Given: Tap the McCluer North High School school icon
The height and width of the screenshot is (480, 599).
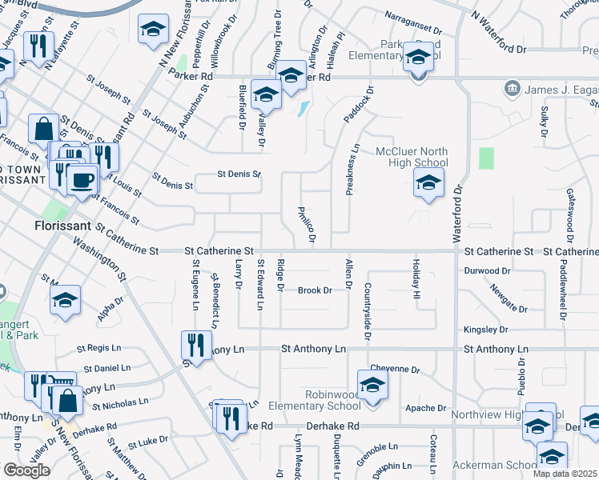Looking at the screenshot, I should [428, 185].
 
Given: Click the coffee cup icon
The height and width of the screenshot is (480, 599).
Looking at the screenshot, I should [82, 180].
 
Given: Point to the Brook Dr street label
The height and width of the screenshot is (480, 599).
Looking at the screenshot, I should [315, 290].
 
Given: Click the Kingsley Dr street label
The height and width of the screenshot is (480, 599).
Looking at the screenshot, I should [485, 330].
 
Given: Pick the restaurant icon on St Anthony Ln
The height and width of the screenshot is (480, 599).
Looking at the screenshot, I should [195, 346].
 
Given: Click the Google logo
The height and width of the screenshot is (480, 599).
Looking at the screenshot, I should [26, 470].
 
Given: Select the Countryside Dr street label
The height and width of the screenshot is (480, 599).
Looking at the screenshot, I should [367, 310].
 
